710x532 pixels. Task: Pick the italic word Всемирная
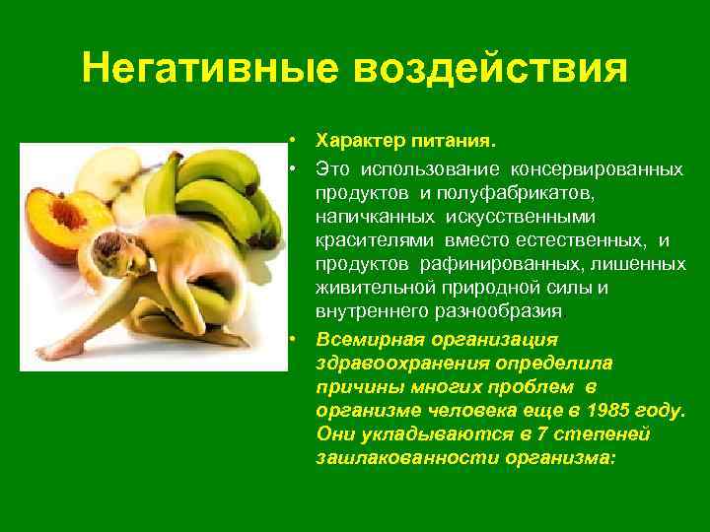pos(362,339)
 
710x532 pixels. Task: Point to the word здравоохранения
pos(392,363)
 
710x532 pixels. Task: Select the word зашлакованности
pos(395,458)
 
